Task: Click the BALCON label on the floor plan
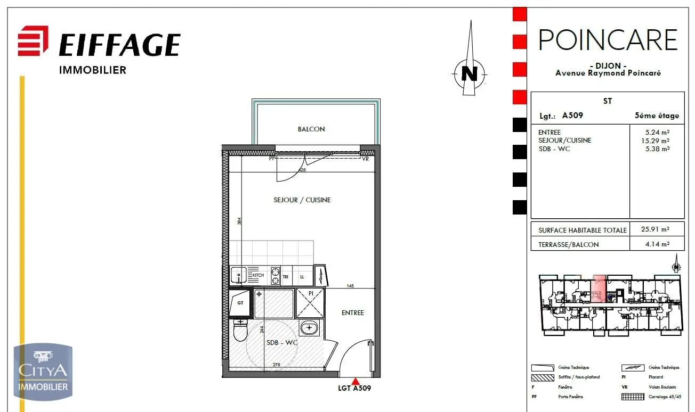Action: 311,129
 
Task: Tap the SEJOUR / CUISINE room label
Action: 302,200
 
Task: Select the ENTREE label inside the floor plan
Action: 353,313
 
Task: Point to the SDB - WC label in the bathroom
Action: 282,343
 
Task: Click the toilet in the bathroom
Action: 240,330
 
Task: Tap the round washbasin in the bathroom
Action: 309,328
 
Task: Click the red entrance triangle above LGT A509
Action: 355,381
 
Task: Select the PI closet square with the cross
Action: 310,303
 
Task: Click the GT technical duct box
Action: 240,303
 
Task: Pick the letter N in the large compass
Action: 469,73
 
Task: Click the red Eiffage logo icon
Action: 33,41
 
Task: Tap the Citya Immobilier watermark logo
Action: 43,372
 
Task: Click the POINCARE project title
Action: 608,40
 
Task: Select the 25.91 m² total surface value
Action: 656,229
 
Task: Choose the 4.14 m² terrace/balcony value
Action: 656,244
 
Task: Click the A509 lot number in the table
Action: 572,116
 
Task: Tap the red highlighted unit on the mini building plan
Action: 599,289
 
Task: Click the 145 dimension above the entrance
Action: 350,286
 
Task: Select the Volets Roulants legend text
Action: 662,387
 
